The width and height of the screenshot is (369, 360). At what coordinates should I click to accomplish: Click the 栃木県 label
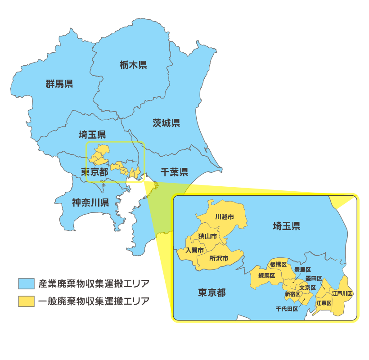pyautogui.click(x=134, y=65)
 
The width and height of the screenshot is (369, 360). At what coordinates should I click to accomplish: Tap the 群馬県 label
pyautogui.click(x=59, y=84)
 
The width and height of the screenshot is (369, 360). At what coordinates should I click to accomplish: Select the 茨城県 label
pyautogui.click(x=166, y=123)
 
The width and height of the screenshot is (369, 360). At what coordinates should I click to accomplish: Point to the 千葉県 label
pyautogui.click(x=175, y=172)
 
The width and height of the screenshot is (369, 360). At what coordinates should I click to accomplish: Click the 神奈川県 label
pyautogui.click(x=90, y=202)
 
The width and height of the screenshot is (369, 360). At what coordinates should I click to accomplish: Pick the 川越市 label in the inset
pyautogui.click(x=225, y=217)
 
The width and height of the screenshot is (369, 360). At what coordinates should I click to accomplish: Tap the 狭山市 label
pyautogui.click(x=207, y=236)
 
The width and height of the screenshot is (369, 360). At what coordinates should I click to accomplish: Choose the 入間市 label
pyautogui.click(x=194, y=250)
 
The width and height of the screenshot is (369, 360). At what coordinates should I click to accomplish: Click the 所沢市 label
pyautogui.click(x=219, y=258)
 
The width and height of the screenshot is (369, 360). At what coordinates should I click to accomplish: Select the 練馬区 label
pyautogui.click(x=266, y=276)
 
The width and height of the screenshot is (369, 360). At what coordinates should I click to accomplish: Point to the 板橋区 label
pyautogui.click(x=278, y=265)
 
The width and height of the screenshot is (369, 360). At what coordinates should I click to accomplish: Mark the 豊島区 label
pyautogui.click(x=302, y=270)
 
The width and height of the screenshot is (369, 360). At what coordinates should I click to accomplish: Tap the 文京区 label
pyautogui.click(x=307, y=288)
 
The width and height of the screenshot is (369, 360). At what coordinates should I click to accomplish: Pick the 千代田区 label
pyautogui.click(x=287, y=309)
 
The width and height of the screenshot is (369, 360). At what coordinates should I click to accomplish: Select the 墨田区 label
pyautogui.click(x=314, y=279)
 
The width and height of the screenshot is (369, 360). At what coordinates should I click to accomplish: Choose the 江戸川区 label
pyautogui.click(x=342, y=293)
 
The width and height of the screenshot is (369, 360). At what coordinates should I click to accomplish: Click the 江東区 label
pyautogui.click(x=324, y=303)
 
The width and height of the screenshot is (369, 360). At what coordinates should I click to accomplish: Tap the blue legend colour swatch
pyautogui.click(x=27, y=284)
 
